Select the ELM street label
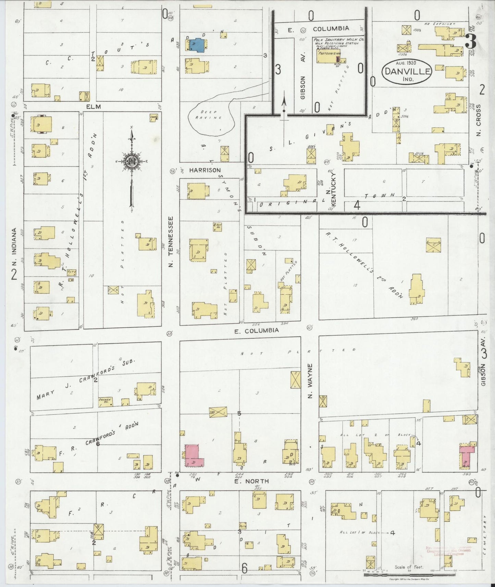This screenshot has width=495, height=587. [x=93, y=107]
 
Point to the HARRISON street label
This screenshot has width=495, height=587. [x=205, y=170]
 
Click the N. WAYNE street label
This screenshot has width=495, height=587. [x=310, y=375]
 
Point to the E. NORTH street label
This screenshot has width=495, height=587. [x=251, y=481]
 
